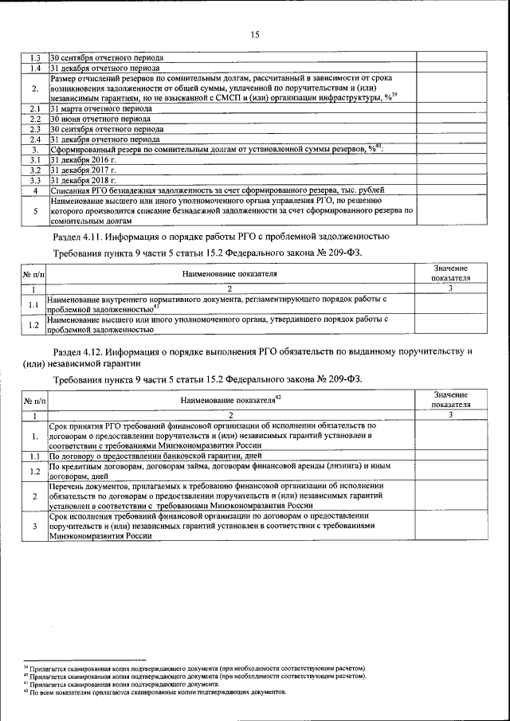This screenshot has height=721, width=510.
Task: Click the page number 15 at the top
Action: point(255,34)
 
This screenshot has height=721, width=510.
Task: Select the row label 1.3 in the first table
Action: point(35,58)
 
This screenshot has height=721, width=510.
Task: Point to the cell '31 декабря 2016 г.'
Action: point(83,160)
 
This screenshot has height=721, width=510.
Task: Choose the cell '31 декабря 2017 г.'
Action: point(83,170)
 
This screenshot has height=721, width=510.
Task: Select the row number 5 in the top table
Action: point(35,212)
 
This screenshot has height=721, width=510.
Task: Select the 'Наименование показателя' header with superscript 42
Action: point(231,400)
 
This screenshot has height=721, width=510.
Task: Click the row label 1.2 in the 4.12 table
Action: point(35,472)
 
